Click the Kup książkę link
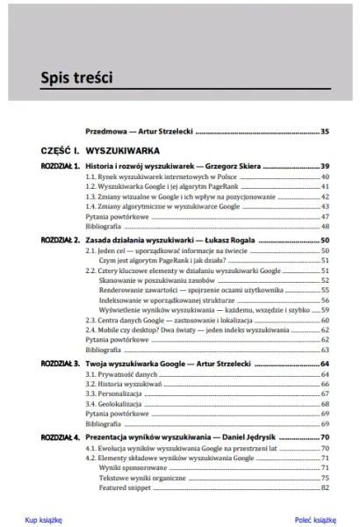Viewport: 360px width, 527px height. tap(44, 520)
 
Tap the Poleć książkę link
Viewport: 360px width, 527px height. tap(315, 520)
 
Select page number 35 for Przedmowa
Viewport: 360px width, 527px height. tap(324, 132)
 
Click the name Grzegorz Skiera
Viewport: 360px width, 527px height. tap(232, 166)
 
